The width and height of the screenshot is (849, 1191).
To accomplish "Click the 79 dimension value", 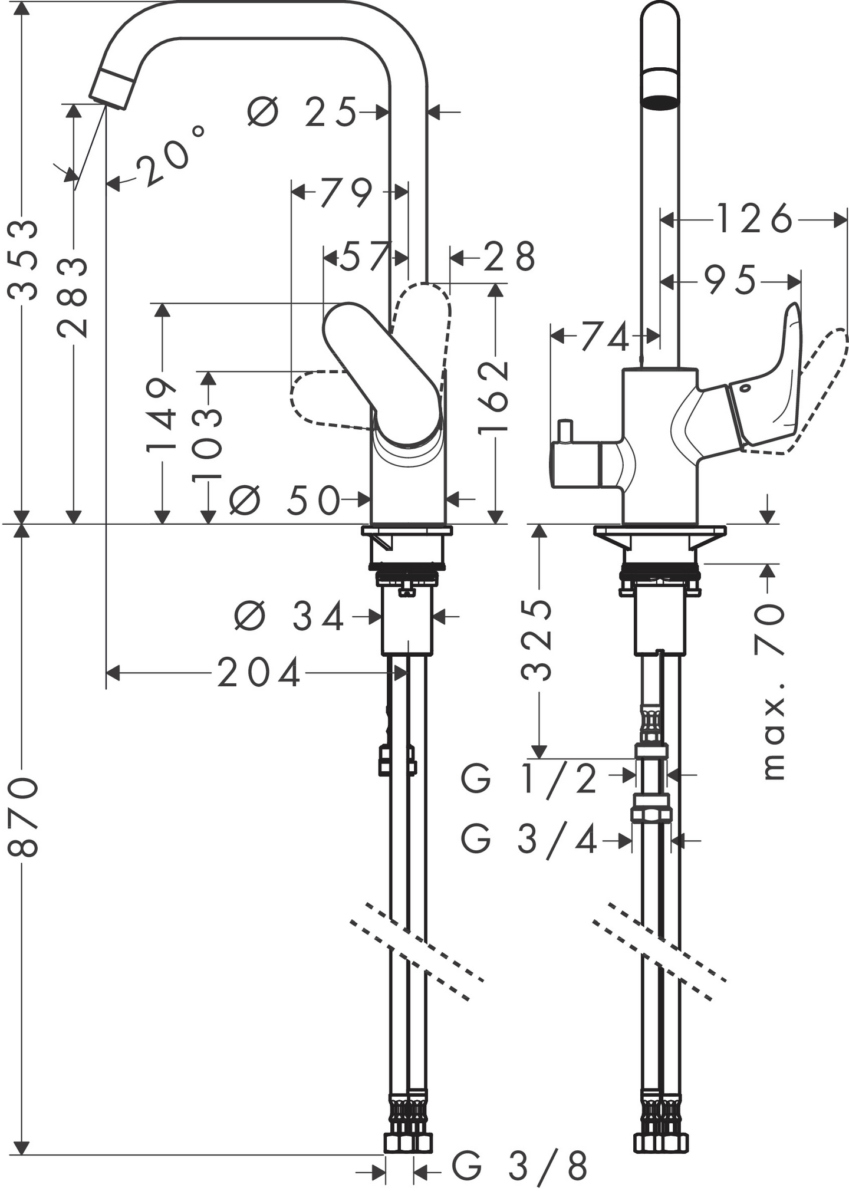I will click(x=347, y=192).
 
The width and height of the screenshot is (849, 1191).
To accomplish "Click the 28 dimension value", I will click(x=509, y=257).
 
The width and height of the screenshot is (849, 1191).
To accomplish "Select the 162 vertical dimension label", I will click(x=494, y=398).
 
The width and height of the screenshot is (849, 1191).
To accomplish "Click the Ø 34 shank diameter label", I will click(x=289, y=617).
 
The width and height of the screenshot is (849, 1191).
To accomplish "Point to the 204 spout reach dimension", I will click(x=259, y=673).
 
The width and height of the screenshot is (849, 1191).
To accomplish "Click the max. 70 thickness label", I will click(x=770, y=690).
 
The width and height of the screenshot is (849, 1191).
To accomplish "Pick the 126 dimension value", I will click(x=755, y=219).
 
